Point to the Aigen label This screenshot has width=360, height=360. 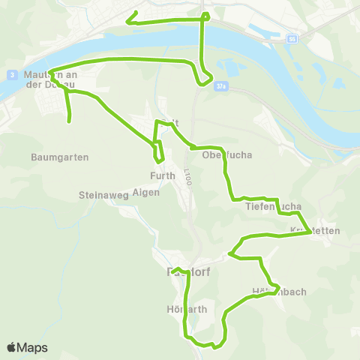[145, 192]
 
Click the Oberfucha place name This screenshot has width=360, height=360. [226, 156]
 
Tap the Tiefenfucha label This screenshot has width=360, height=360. [273, 205]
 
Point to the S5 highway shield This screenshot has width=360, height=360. [291, 37]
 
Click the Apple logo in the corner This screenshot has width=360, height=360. [12, 347]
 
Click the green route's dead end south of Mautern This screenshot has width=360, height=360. [70, 121]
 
